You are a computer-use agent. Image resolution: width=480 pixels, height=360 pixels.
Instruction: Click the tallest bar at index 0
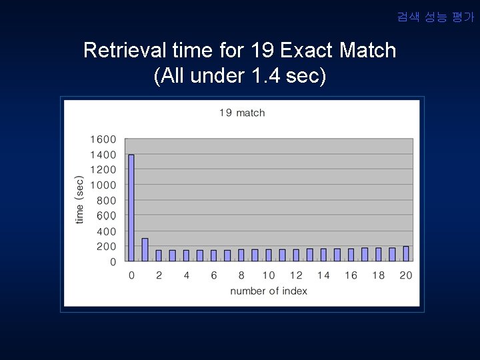point(131,207)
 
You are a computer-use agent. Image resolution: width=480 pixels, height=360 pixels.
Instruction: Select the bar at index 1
point(145,249)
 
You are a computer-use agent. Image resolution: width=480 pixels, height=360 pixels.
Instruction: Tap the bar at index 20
point(406,253)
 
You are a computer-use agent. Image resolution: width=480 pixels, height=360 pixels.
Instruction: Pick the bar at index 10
point(269,255)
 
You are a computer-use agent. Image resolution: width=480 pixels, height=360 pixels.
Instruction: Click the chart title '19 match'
point(242,113)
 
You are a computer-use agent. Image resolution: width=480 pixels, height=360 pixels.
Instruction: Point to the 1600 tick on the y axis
point(103,139)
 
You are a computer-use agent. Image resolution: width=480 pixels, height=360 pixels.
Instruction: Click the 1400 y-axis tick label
point(103,155)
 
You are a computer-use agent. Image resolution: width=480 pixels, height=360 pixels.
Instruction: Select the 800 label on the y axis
point(106,201)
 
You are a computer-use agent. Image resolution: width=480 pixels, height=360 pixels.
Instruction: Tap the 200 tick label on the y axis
point(106,247)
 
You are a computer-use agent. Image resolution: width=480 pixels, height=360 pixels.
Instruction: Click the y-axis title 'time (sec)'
point(80,199)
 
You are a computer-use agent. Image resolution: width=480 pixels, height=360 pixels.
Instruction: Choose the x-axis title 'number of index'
point(269,291)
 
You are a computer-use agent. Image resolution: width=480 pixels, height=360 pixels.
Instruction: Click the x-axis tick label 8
point(241,275)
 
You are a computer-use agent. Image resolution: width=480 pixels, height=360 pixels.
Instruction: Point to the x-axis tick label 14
point(323,275)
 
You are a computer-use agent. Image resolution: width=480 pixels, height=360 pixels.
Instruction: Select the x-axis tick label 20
point(405,275)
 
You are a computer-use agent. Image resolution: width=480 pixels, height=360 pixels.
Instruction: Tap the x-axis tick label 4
point(186,275)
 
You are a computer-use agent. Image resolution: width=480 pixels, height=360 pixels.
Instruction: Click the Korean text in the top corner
point(435,17)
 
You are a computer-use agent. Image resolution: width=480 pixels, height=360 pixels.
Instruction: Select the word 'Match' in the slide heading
point(367,51)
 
